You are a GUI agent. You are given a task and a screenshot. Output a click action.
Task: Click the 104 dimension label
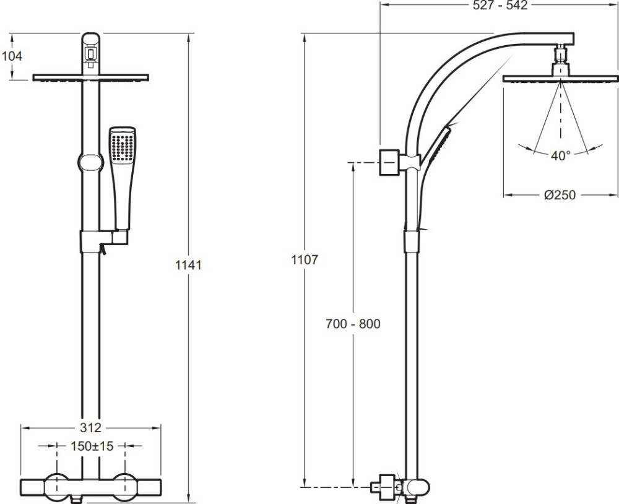pos(12,56)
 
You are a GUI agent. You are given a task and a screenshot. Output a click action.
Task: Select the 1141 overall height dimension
pos(188,264)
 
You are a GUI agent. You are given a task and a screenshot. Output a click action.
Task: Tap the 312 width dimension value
pos(90,427)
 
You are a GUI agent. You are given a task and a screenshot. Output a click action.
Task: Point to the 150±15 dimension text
pos(92,446)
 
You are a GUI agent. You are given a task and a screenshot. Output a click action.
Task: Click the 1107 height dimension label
pos(305,259)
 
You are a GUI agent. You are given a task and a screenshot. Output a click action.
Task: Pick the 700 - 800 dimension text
pos(353,323)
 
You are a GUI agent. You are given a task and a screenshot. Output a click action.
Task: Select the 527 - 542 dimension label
pos(500,6)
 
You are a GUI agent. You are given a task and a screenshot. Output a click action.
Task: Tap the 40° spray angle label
pos(561,155)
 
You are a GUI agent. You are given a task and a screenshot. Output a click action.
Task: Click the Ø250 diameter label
pos(560,194)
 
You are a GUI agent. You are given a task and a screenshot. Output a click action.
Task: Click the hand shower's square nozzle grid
pos(123,147)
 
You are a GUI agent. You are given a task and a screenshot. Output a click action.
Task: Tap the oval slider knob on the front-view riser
pos(91,163)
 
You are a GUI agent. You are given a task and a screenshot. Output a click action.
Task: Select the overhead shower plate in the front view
pos(90,78)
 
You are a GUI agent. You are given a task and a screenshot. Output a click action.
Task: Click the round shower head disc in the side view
pos(561,79)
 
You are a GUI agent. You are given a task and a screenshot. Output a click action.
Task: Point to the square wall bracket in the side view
pos(389,162)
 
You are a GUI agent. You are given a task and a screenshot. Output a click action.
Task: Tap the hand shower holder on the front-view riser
pos(104,241)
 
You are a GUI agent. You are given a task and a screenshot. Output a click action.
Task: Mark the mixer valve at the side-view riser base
pos(399,487)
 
